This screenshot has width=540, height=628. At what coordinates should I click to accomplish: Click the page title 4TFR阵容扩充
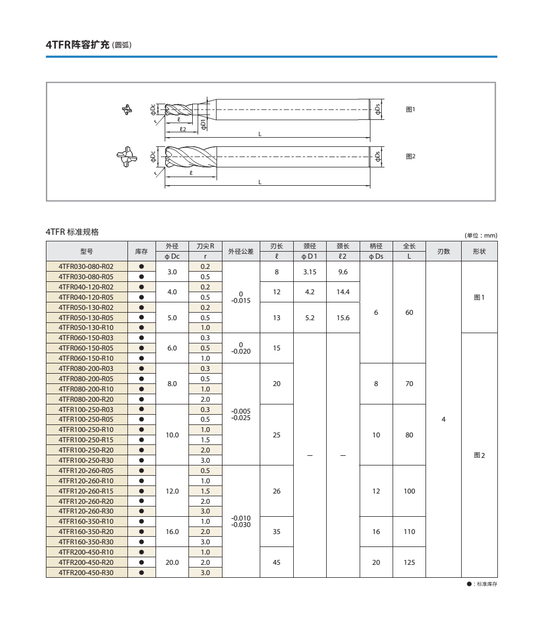tap(78, 45)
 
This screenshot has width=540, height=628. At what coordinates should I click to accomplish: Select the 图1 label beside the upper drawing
tap(410, 109)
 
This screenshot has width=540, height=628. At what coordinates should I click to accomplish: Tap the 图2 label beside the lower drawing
tap(410, 156)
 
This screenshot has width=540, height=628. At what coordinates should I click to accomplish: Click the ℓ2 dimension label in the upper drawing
tap(183, 129)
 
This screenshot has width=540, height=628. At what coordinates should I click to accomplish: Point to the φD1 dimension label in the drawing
tap(203, 125)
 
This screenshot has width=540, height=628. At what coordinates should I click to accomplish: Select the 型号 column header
tap(86, 251)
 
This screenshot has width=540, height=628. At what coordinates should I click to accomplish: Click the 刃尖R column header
tap(205, 246)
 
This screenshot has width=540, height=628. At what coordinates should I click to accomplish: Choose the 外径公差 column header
tap(241, 251)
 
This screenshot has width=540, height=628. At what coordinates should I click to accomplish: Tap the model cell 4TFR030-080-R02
tap(86, 266)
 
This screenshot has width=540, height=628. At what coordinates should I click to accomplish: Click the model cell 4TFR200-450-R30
tap(86, 572)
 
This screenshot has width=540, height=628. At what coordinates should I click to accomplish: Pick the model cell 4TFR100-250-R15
tap(86, 440)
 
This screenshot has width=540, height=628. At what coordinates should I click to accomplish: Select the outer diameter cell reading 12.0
tap(172, 491)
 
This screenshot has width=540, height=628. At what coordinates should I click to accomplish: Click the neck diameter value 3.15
tap(310, 272)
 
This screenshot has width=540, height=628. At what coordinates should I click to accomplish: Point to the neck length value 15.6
tap(343, 318)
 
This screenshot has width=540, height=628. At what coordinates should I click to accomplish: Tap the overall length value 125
tap(409, 562)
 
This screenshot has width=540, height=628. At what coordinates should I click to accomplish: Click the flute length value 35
tap(276, 531)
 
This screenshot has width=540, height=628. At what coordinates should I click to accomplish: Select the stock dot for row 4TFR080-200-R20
tap(141, 399)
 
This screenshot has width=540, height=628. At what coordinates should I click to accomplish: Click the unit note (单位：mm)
tap(481, 235)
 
